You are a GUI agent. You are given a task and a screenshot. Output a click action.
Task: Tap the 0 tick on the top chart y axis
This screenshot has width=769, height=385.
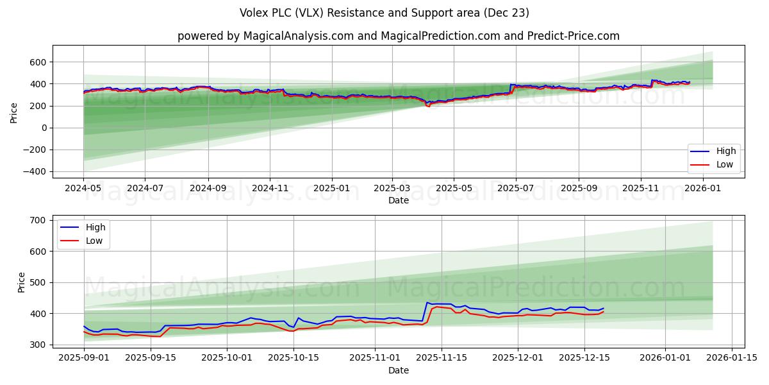(x=43, y=128)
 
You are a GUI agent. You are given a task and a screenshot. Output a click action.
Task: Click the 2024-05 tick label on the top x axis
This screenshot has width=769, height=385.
(x=83, y=189)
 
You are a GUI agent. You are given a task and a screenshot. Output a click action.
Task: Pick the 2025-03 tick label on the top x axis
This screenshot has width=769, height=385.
(x=392, y=189)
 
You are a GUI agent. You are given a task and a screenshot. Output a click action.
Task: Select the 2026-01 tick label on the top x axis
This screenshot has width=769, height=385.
(x=703, y=189)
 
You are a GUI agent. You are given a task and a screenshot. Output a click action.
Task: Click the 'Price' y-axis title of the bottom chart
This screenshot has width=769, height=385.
(x=21, y=282)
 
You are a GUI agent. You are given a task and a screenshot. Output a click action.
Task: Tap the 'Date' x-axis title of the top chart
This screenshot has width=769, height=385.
(x=398, y=200)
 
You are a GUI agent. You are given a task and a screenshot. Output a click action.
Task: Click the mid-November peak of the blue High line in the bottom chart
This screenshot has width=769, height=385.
(x=427, y=302)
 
